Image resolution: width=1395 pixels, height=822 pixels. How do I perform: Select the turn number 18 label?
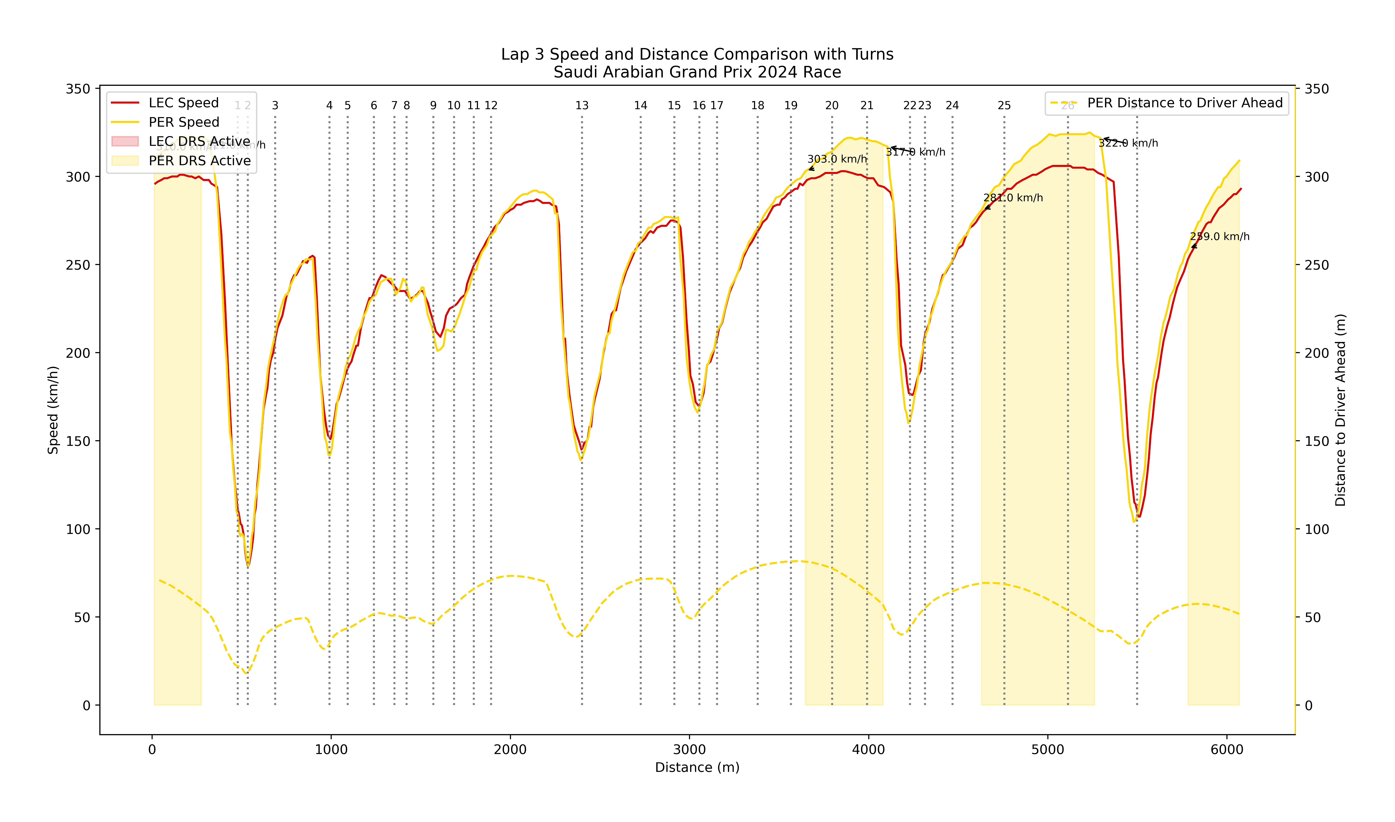[758, 106]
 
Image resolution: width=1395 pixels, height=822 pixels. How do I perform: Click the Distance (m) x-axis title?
[697, 768]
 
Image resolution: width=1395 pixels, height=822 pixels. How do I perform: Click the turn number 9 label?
[433, 106]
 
